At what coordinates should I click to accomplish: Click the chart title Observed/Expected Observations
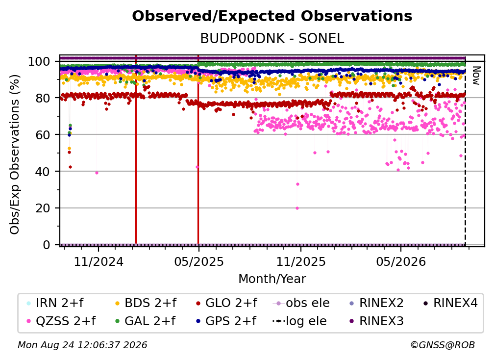[272, 16]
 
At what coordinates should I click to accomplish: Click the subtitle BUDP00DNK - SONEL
[272, 39]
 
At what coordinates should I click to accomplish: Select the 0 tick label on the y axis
[46, 245]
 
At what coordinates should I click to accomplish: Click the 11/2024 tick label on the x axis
[99, 262]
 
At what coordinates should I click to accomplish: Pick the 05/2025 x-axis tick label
[199, 262]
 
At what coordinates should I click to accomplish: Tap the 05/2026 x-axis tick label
[401, 262]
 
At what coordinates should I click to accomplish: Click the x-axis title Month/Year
[272, 279]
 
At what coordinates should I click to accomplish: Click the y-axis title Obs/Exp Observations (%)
[15, 154]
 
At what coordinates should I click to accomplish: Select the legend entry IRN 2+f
[55, 303]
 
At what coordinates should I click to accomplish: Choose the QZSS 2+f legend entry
[61, 321]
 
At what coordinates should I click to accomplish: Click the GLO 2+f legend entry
[226, 303]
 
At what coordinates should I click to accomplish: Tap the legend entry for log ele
[299, 321]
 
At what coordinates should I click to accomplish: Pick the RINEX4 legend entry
[450, 303]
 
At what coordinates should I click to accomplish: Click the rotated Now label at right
[476, 76]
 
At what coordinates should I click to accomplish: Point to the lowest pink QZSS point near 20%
[297, 208]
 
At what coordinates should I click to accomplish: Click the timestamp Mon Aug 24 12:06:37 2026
[82, 345]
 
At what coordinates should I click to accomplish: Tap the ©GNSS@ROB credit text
[443, 345]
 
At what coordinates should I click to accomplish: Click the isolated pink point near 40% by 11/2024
[97, 173]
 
